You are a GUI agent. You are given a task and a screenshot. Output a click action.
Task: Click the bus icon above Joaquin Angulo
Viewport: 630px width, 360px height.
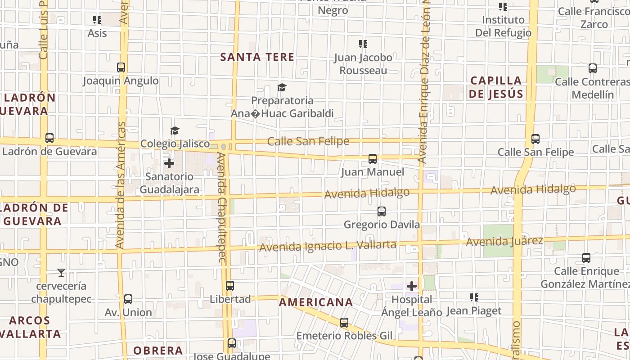[121, 67]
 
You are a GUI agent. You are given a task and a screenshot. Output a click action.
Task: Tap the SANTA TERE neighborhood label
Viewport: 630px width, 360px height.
[257, 57]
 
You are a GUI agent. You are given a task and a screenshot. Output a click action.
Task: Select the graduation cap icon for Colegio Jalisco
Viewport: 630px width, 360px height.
[175, 130]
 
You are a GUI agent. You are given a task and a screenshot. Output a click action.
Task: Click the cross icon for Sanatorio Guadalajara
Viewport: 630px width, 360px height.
[169, 163]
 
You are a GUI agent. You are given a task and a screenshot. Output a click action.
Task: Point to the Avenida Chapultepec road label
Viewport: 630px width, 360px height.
[221, 207]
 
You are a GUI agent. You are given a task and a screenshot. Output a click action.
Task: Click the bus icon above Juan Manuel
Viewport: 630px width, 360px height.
[373, 159]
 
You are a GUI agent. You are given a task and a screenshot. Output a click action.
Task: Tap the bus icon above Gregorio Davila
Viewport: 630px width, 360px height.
[382, 211]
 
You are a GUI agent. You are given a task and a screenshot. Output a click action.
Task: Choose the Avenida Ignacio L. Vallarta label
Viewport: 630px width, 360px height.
[328, 246]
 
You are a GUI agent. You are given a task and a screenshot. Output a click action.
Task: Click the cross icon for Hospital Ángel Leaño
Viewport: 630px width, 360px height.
[412, 286]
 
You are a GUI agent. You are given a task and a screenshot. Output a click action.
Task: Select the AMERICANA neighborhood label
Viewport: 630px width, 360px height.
[315, 302]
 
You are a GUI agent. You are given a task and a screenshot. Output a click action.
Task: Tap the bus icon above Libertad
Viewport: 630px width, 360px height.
[230, 285]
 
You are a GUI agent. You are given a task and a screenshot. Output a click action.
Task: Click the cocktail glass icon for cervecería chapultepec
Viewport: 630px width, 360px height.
[61, 272]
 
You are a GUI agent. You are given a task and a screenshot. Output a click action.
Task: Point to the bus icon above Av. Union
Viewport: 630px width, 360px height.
[128, 299]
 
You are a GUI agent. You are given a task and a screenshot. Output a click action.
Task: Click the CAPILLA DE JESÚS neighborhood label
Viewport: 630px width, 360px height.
[496, 87]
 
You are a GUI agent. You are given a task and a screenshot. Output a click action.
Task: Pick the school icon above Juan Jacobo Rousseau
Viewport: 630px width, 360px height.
[363, 44]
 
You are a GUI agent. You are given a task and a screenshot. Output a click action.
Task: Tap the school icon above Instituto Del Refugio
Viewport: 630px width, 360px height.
[503, 7]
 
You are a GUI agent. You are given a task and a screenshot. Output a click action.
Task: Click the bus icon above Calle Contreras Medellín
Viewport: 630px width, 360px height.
[593, 68]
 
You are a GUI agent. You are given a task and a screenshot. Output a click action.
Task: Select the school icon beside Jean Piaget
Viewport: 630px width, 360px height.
[474, 297]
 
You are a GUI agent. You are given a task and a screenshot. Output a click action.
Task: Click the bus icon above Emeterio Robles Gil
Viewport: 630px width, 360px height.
[344, 322]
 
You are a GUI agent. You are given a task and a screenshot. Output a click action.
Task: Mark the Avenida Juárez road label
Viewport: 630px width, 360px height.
[504, 242]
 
